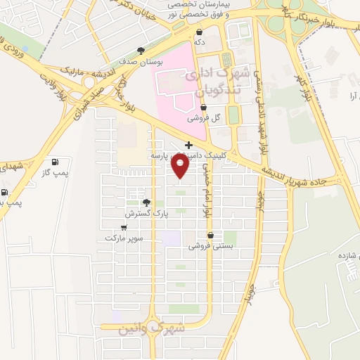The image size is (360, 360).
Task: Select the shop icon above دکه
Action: click(x=200, y=32)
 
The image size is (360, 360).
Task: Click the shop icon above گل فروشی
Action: click(x=204, y=108)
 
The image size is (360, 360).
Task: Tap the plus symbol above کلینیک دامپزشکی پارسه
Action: click(x=188, y=144)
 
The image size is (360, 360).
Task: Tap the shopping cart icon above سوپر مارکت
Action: click(x=124, y=227)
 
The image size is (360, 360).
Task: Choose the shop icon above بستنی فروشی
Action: click(x=210, y=236)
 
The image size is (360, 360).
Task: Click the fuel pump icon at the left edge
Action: click(x=6, y=192)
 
